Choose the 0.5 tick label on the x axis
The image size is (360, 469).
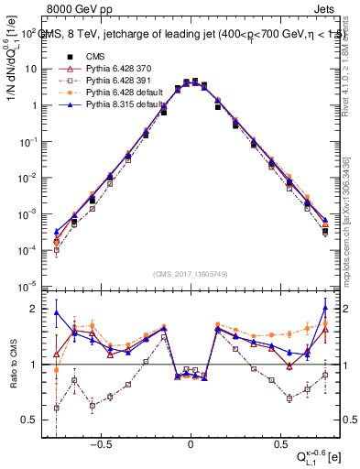click(x=278, y=441)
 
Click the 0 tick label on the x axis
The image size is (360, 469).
click(x=190, y=441)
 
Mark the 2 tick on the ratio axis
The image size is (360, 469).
click(x=34, y=308)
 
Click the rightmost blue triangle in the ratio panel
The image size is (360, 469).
click(x=325, y=307)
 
